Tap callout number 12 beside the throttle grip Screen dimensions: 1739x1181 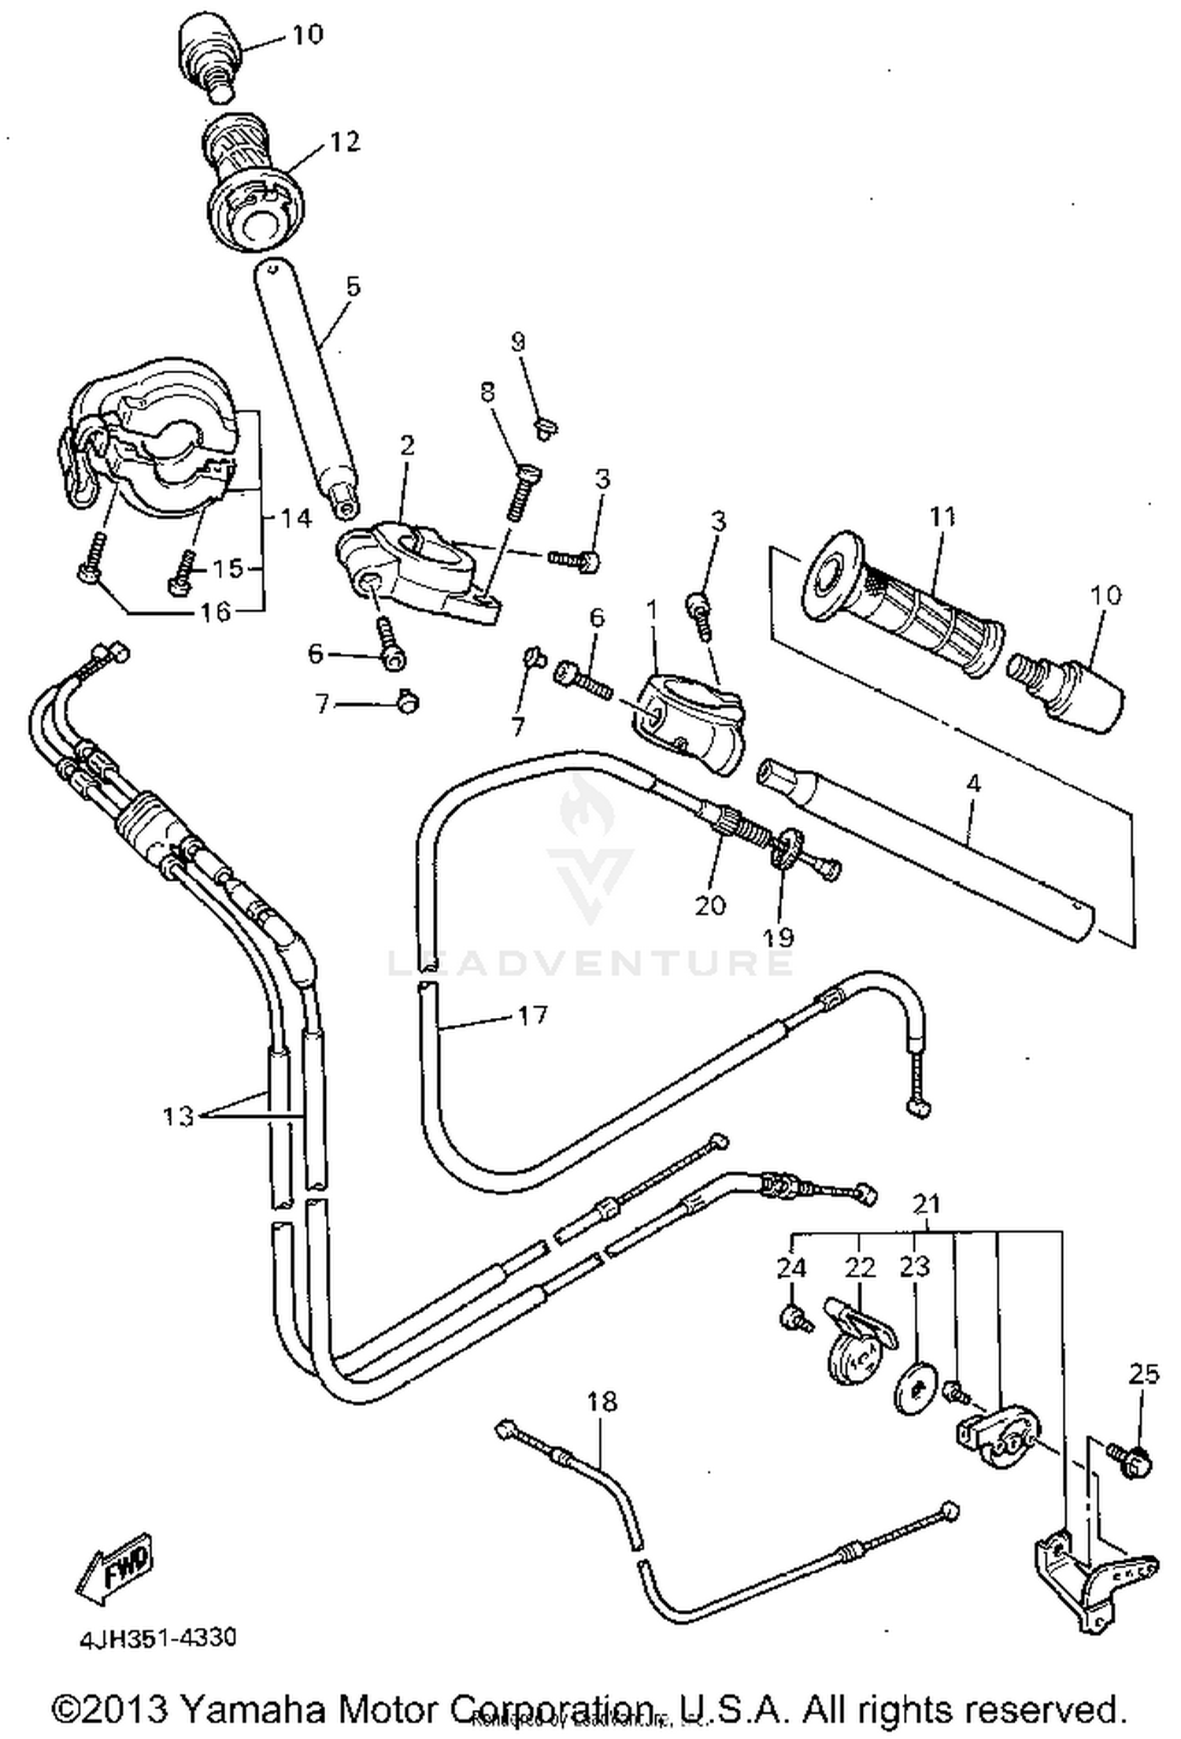344,142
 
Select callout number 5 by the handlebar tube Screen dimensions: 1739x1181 352,287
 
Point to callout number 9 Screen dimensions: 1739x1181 517,342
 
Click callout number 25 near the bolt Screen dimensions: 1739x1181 1143,1374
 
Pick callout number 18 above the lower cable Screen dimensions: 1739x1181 602,1401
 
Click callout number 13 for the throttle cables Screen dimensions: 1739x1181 179,1116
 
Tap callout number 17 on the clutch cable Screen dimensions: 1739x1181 532,1016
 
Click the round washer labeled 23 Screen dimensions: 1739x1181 916,1392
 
